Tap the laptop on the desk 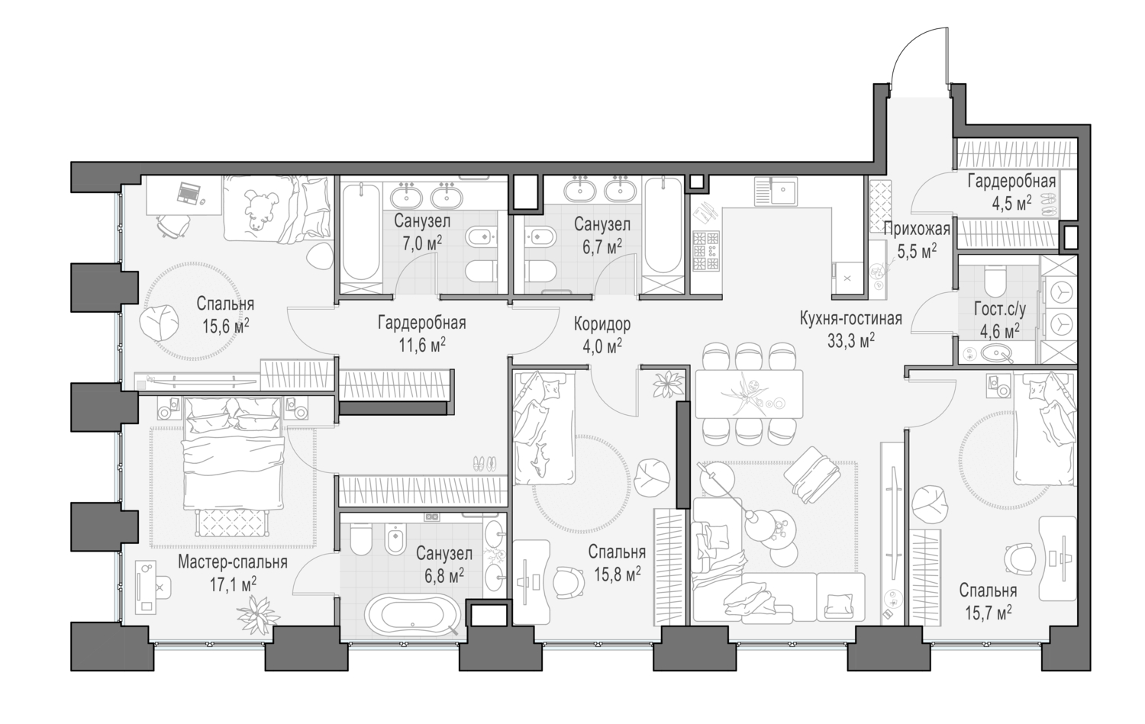coord(189,193)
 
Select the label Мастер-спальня coord(232,562)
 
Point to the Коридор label coord(602,324)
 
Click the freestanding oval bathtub coord(412,615)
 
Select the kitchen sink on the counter coord(776,191)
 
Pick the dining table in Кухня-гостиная coord(748,394)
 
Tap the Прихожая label coord(916,229)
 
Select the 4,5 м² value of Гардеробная coord(1011,201)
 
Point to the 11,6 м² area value coord(421,343)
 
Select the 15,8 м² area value coord(617,572)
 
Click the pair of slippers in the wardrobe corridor coord(484,463)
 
